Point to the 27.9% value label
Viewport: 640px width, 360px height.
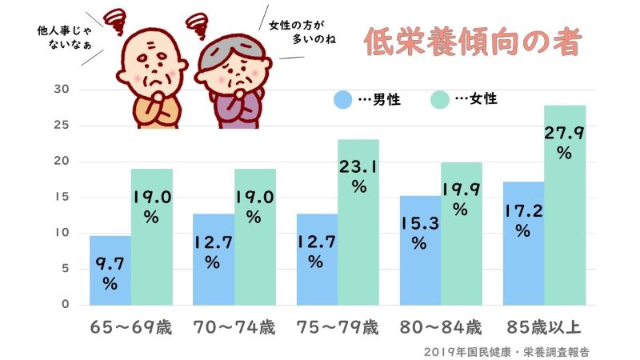click(x=566, y=140)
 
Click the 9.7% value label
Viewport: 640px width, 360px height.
click(x=110, y=272)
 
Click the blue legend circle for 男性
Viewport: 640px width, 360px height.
click(x=342, y=100)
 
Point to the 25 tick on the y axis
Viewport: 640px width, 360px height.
click(x=62, y=126)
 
